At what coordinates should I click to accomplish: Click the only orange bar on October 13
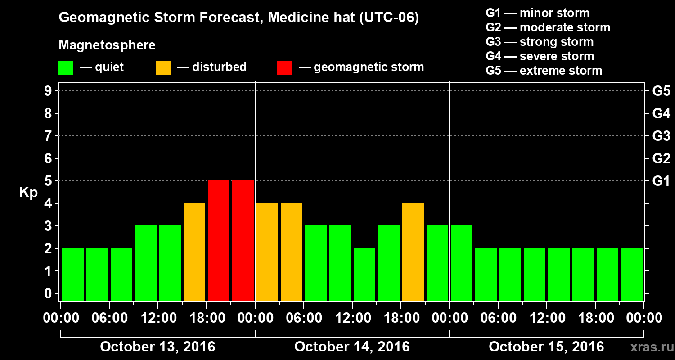(194, 252)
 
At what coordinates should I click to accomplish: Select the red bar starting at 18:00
(219, 240)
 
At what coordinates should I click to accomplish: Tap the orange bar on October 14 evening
(413, 252)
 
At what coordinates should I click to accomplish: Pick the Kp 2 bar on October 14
(364, 274)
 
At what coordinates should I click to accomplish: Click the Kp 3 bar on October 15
(462, 263)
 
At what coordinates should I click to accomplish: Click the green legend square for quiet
(66, 68)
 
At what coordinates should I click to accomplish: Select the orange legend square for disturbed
(163, 68)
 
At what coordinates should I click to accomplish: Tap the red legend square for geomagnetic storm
(284, 68)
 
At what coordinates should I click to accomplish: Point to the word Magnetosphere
(107, 45)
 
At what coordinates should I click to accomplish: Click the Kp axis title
(28, 193)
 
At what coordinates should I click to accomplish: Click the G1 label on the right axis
(661, 181)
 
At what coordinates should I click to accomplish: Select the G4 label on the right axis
(661, 114)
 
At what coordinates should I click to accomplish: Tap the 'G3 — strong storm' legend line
(540, 42)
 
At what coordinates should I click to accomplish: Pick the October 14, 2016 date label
(352, 347)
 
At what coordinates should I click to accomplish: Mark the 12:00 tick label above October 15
(546, 318)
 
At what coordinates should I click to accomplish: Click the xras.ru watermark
(648, 347)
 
